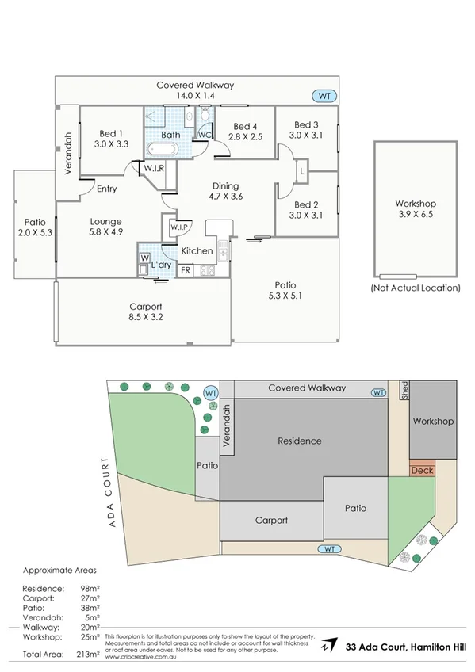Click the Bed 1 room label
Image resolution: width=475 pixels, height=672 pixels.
pyautogui.click(x=110, y=133)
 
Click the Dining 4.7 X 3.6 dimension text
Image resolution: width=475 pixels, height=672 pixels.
pyautogui.click(x=224, y=196)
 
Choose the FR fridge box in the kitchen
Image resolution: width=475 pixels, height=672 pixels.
pyautogui.click(x=186, y=271)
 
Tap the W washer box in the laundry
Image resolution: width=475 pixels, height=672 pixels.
pyautogui.click(x=144, y=258)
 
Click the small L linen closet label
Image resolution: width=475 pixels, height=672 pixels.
pyautogui.click(x=303, y=171)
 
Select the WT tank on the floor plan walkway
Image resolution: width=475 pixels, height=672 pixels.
pyautogui.click(x=324, y=96)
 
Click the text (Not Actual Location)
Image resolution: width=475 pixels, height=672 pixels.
pyautogui.click(x=416, y=289)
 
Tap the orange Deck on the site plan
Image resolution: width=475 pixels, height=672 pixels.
pyautogui.click(x=421, y=471)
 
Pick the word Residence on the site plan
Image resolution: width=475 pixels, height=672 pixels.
pyautogui.click(x=299, y=441)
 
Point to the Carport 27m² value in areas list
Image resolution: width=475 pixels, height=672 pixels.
pyautogui.click(x=93, y=600)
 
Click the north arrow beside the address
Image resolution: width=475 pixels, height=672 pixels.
pyautogui.click(x=334, y=647)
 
